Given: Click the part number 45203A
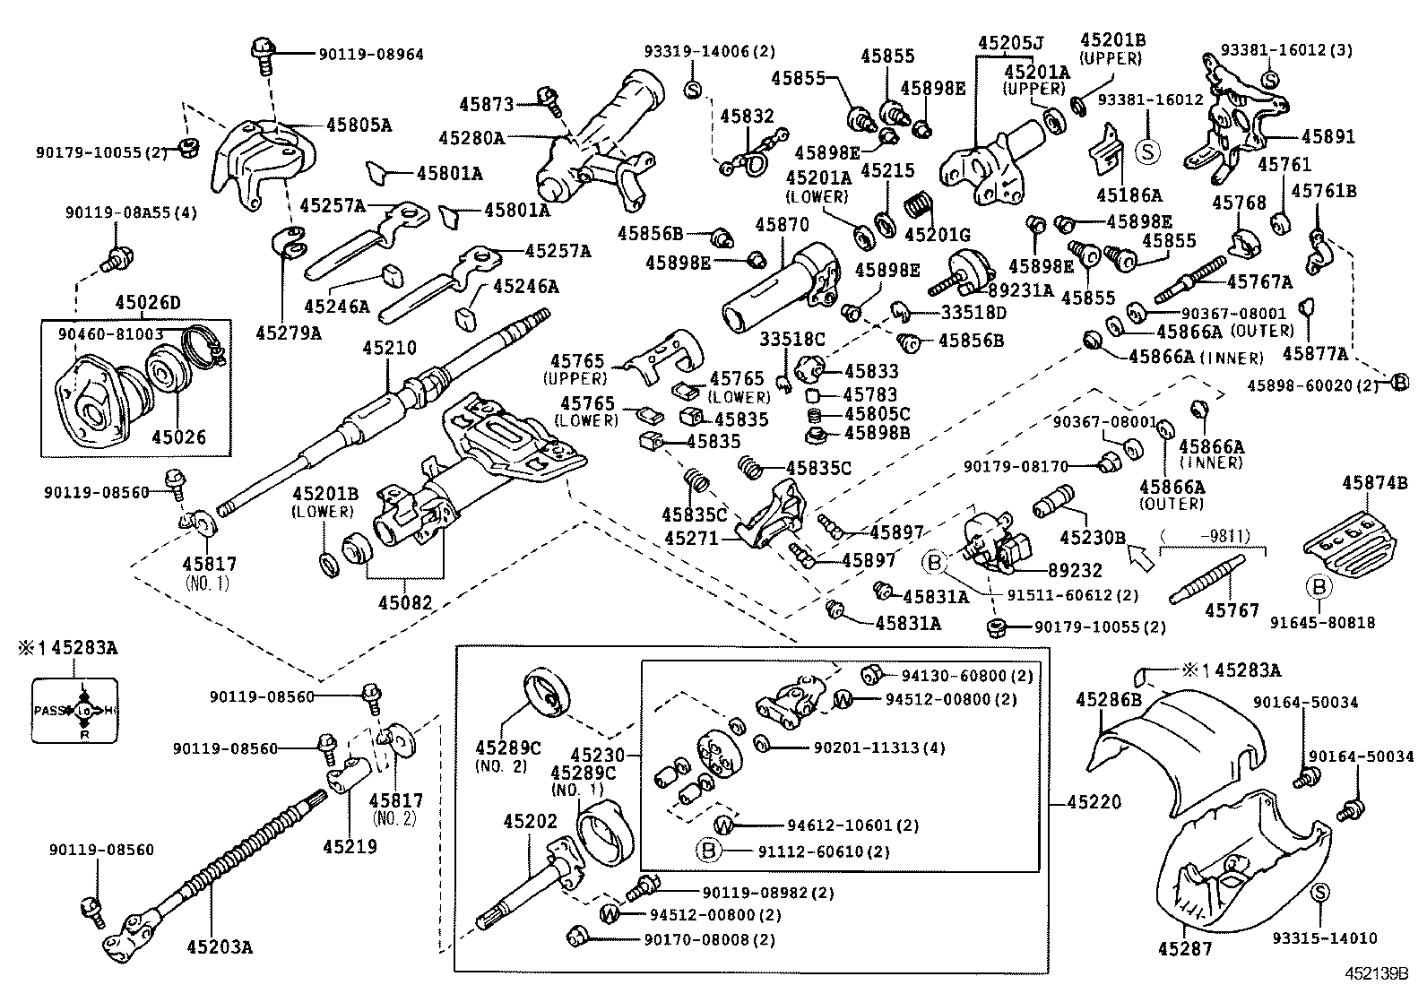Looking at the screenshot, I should point(220,946).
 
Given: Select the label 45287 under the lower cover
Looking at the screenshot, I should point(1188,948).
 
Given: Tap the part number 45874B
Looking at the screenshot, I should point(1369,483).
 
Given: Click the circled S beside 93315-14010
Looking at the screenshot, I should point(1320,893).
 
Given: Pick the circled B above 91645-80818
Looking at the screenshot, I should point(1319,587).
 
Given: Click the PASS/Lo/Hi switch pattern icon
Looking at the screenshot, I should point(74,711).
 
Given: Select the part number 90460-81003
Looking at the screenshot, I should point(110,333).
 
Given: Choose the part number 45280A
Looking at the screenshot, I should point(471,138).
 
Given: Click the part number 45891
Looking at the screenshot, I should point(1328,137).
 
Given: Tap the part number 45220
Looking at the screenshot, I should point(1094,802).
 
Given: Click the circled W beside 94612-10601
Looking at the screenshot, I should point(723,825).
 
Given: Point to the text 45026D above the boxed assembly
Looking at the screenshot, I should point(147,303).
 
